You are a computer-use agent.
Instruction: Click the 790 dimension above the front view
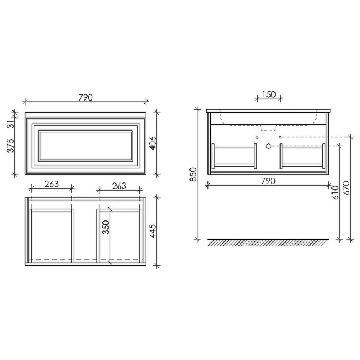[x=86, y=97]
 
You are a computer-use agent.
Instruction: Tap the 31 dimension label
[x=11, y=124]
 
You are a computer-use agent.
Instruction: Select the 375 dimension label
[x=11, y=146]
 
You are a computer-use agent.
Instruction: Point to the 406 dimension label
[x=153, y=143]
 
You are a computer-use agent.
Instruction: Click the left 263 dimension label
[x=52, y=184]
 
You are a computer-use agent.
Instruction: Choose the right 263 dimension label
[x=119, y=186]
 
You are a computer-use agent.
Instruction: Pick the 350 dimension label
[x=106, y=227]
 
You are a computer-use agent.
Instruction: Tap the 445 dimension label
[x=153, y=231]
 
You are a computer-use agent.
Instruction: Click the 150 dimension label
[x=269, y=94]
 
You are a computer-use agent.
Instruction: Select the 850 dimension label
[x=193, y=174]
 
